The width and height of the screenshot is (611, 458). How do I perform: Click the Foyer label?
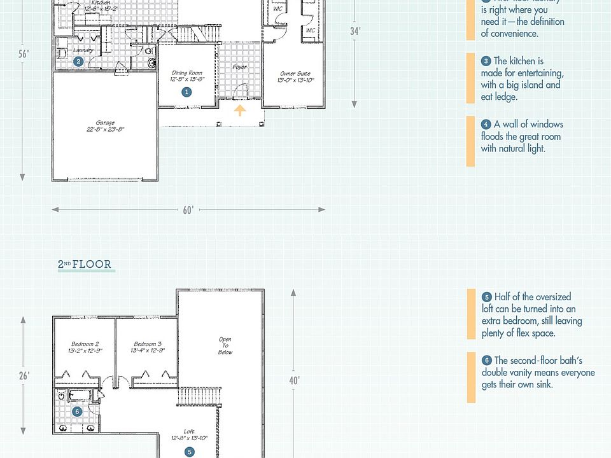point(239,67)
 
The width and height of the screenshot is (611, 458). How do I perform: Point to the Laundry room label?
point(83,50)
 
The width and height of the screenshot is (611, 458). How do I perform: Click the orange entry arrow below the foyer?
point(240,111)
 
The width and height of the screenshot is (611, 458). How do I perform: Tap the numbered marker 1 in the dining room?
point(186,92)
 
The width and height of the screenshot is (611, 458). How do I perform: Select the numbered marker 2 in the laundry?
point(78,62)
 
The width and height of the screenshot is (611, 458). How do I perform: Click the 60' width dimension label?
point(188,210)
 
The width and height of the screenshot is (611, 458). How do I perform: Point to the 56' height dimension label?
point(24,54)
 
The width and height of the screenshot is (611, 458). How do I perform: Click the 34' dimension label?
point(355,31)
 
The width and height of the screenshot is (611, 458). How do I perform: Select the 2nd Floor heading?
point(85,265)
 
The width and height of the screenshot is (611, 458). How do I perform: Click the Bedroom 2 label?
point(85,347)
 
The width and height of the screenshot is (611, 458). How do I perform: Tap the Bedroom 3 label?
point(147,347)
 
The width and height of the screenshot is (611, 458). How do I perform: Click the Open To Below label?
point(225,345)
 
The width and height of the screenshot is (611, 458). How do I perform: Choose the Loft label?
point(189,434)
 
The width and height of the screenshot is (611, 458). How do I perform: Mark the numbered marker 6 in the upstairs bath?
point(77,412)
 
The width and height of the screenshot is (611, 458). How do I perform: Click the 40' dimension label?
point(293,380)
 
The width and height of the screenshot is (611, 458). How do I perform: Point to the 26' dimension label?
point(24,376)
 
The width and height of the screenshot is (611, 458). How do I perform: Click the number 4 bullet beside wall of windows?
point(486,125)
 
